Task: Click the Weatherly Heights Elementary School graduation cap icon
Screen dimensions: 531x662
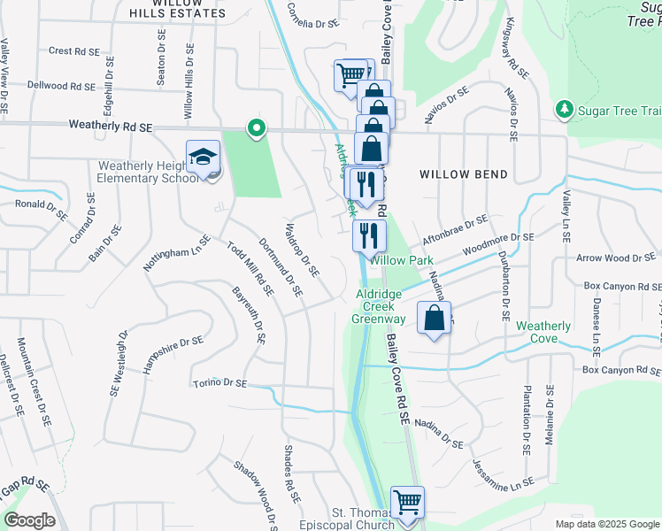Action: (x=203, y=158)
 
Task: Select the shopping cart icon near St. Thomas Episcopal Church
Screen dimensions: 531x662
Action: (x=407, y=503)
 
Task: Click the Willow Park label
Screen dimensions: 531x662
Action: (x=402, y=260)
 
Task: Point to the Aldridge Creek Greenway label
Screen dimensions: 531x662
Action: (x=380, y=306)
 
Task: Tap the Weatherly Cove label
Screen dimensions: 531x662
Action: (x=543, y=332)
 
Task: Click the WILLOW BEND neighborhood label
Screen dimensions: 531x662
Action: (x=457, y=174)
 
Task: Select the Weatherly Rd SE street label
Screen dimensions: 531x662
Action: (x=112, y=127)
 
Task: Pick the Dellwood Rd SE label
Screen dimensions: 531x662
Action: (x=61, y=86)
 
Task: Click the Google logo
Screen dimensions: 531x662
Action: (x=29, y=520)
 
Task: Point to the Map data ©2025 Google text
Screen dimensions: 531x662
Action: (x=606, y=524)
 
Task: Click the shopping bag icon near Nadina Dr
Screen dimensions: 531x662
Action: (x=434, y=320)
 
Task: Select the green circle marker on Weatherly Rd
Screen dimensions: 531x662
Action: (x=257, y=129)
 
